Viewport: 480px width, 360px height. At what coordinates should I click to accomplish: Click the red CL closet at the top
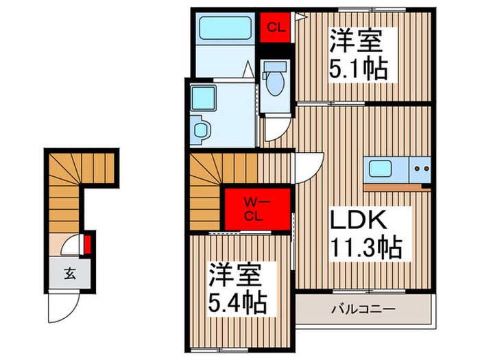click(x=276, y=27)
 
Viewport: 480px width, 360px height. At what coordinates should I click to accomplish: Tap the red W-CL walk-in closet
click(x=258, y=206)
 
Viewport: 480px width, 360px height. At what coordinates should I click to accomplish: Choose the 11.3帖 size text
click(x=367, y=247)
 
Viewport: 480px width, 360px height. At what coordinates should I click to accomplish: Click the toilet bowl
click(x=275, y=82)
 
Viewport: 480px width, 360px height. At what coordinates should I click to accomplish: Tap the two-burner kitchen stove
click(x=420, y=167)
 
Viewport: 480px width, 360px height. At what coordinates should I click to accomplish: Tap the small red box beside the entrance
click(x=88, y=244)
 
